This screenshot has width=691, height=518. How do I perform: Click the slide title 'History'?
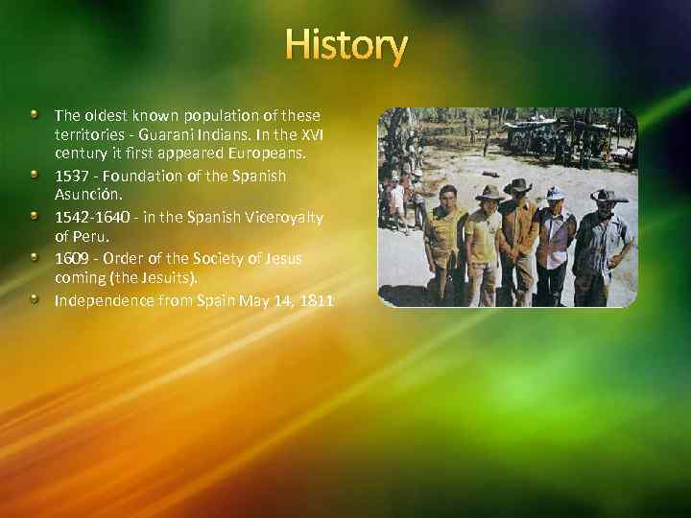pos(346,45)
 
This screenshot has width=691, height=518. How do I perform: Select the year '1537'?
pos(72,176)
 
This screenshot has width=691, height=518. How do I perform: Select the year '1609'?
pos(72,258)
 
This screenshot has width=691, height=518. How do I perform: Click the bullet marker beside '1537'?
pos(34,175)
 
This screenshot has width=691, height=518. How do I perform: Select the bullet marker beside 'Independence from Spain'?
pos(34,298)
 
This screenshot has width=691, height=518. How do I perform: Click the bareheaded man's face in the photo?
pos(447,200)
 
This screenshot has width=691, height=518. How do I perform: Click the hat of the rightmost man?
pos(608,195)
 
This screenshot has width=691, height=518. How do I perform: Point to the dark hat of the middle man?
pos(517,185)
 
